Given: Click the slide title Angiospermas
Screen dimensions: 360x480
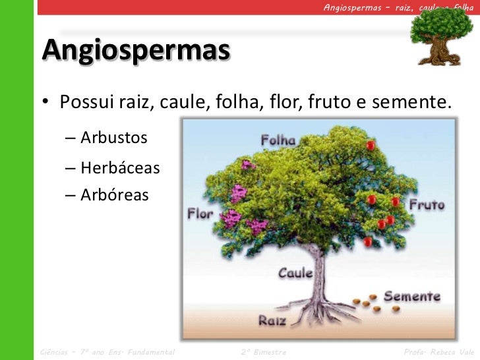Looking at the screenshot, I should pos(136,50).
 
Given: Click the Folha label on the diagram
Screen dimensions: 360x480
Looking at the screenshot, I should pos(278,140).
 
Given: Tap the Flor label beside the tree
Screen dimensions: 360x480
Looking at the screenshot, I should pos(200,214).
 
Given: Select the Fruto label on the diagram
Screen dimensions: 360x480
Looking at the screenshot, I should pos(427,205).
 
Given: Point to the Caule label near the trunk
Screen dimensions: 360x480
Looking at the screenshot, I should pos(295,272).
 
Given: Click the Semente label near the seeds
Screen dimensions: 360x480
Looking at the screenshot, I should pos(411,296).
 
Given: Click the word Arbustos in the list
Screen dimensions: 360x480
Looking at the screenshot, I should pos(114,138).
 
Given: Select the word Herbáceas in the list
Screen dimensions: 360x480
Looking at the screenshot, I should pos(120,167).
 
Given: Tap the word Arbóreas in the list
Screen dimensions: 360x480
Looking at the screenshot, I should pos(115,195).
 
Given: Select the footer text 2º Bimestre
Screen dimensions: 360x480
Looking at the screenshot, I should pos(264,353).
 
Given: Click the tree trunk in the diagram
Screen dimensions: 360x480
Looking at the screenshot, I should pos(320,270).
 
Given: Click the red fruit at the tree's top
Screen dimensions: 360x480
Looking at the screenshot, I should pos(371,144).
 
